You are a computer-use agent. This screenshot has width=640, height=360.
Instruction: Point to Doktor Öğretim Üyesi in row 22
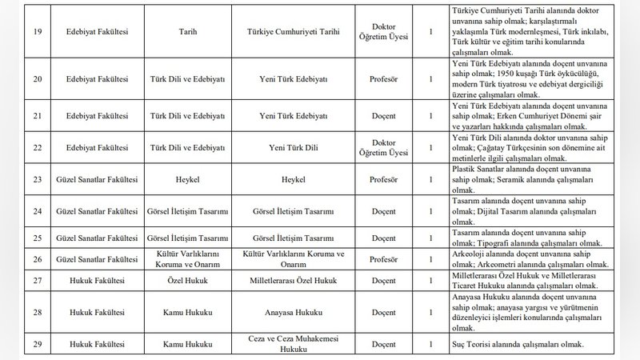390,147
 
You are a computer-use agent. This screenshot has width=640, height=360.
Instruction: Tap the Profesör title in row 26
390,258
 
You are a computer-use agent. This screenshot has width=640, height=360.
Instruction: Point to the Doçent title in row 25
390,238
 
